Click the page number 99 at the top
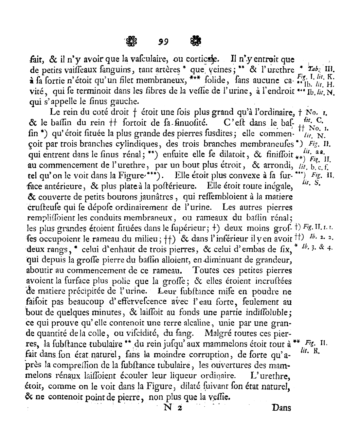(x=163, y=42)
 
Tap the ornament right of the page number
(x=195, y=41)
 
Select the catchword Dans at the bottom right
(x=281, y=408)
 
